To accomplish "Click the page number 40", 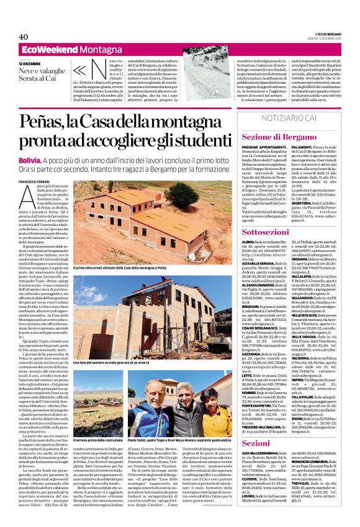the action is pyautogui.click(x=24, y=37).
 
